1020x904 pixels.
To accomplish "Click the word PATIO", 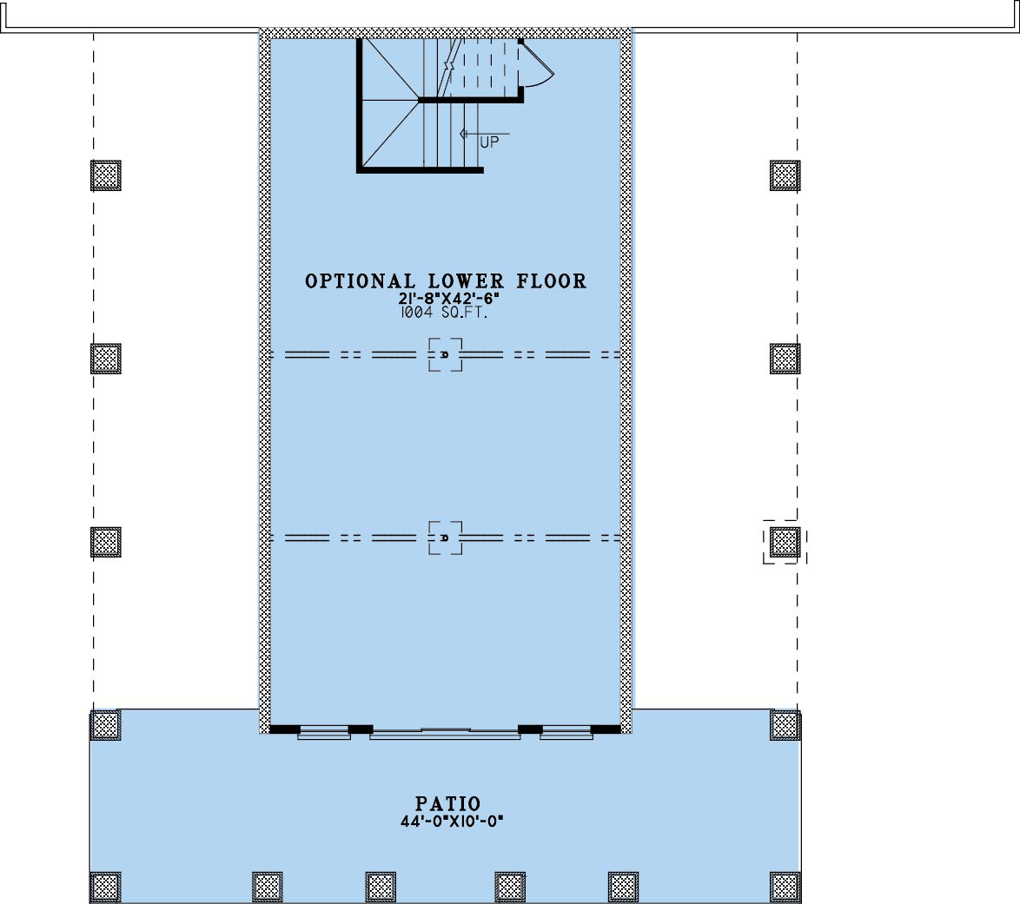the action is (x=448, y=804).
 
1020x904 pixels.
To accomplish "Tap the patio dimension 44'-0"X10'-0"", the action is (x=452, y=822).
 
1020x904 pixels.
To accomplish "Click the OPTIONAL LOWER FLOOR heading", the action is (x=446, y=281).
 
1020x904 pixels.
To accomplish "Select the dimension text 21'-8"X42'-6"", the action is (x=449, y=300).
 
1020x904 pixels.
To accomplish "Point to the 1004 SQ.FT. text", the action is (x=445, y=313).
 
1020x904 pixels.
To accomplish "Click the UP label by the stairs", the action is (x=489, y=142).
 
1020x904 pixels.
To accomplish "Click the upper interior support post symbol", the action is (x=445, y=354).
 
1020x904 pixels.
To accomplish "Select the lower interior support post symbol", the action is (x=445, y=538).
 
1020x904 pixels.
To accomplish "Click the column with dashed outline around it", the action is (x=785, y=542).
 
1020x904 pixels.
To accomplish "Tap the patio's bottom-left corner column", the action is (x=105, y=888).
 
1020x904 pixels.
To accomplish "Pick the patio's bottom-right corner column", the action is (x=785, y=888).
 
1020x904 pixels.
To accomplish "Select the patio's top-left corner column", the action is (x=105, y=724).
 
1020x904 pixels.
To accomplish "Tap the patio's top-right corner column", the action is (x=785, y=724).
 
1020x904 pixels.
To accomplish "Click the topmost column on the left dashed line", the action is (x=105, y=175).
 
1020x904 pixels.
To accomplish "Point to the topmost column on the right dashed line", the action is (x=785, y=175).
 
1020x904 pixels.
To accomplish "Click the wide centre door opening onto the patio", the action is (x=445, y=734).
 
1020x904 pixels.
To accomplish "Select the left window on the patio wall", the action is (x=324, y=732).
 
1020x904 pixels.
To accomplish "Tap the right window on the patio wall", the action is (x=566, y=732).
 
